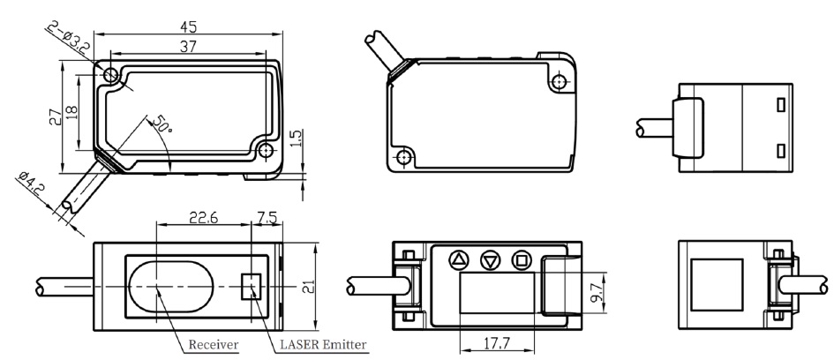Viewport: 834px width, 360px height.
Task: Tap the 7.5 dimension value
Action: pos(266,218)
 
